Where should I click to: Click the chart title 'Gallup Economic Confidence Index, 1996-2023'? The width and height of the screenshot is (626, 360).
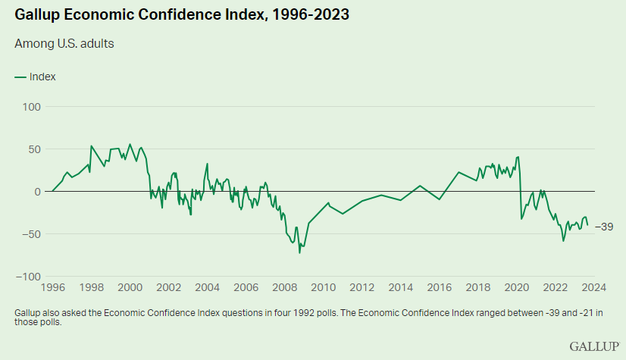coord(182,15)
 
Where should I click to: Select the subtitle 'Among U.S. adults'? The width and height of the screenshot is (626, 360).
coord(64,43)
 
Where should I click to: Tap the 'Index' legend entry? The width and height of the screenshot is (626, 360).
coord(36,77)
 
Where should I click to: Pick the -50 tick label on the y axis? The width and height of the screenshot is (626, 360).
coord(30,233)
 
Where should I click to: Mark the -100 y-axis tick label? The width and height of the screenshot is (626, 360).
coord(27,276)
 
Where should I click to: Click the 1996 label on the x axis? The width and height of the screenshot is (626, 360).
coord(52,288)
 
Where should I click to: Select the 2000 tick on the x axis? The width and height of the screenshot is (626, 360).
coord(130,288)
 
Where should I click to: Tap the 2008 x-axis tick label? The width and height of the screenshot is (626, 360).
coord(285,288)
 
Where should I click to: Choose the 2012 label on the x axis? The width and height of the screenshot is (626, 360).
coord(362,288)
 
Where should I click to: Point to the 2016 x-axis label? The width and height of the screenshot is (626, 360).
coord(440,288)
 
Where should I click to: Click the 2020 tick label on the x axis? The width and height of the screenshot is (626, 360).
coord(517,288)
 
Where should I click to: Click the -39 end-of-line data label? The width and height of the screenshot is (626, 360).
coord(604,227)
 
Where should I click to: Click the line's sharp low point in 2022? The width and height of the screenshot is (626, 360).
coord(563,241)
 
